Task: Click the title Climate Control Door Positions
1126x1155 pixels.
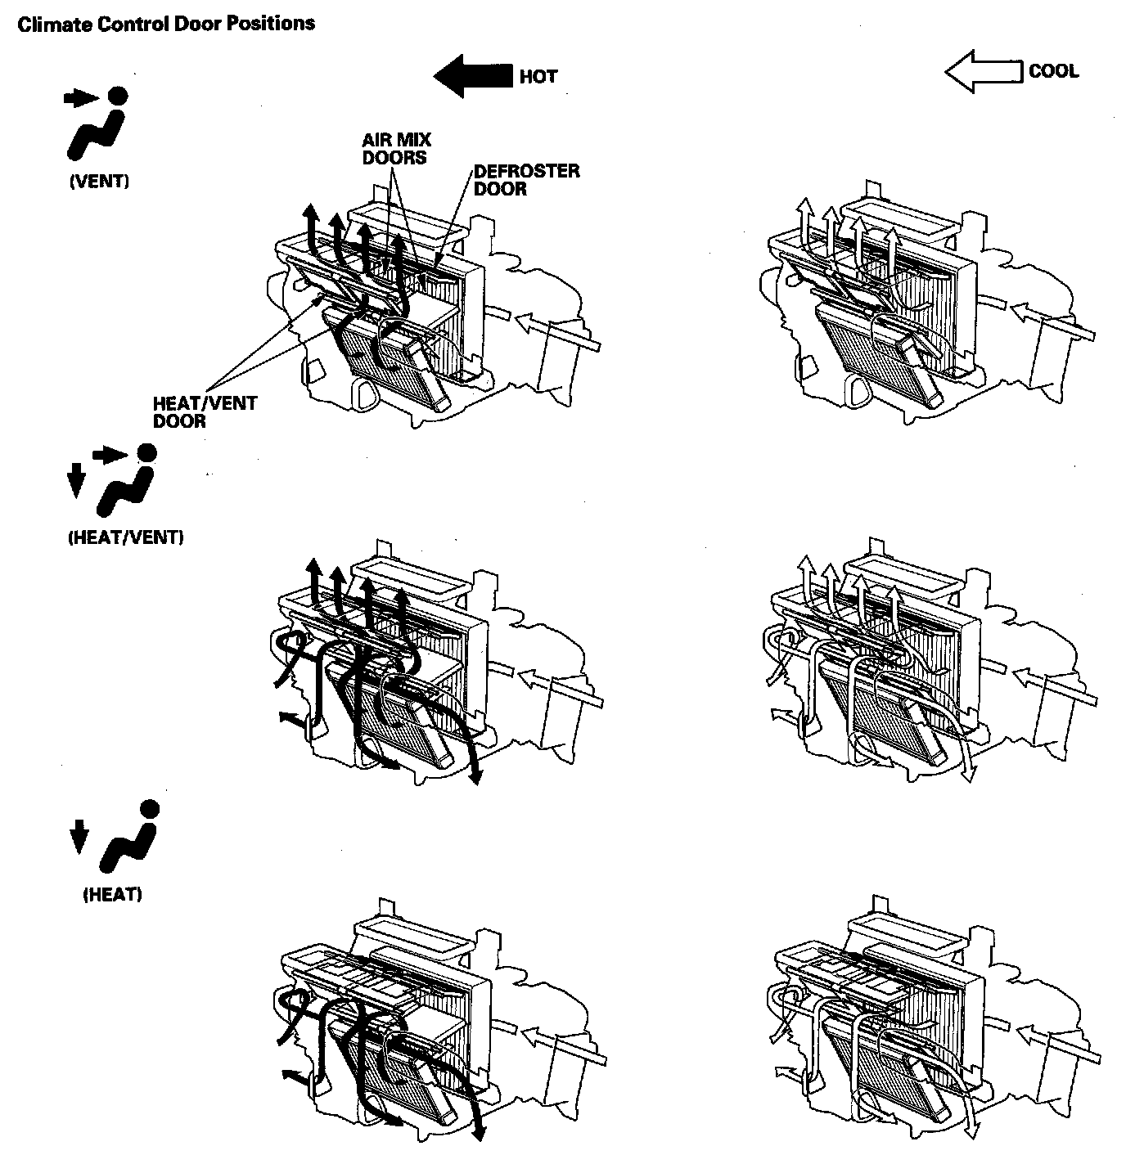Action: (x=166, y=24)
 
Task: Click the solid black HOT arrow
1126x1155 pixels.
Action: (x=473, y=76)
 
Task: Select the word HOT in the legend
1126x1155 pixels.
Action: (x=538, y=77)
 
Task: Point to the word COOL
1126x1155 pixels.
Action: (x=1053, y=71)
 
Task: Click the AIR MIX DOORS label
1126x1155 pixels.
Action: (x=396, y=149)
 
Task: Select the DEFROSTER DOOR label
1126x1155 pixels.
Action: (x=526, y=180)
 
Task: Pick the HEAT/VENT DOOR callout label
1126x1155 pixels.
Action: (x=204, y=412)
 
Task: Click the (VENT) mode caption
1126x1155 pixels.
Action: (x=99, y=182)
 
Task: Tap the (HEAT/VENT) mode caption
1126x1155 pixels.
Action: (x=126, y=537)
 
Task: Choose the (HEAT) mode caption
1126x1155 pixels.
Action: (x=113, y=894)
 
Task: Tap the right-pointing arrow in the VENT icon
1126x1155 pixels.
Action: (x=79, y=99)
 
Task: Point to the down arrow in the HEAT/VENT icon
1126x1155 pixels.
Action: (x=75, y=479)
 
